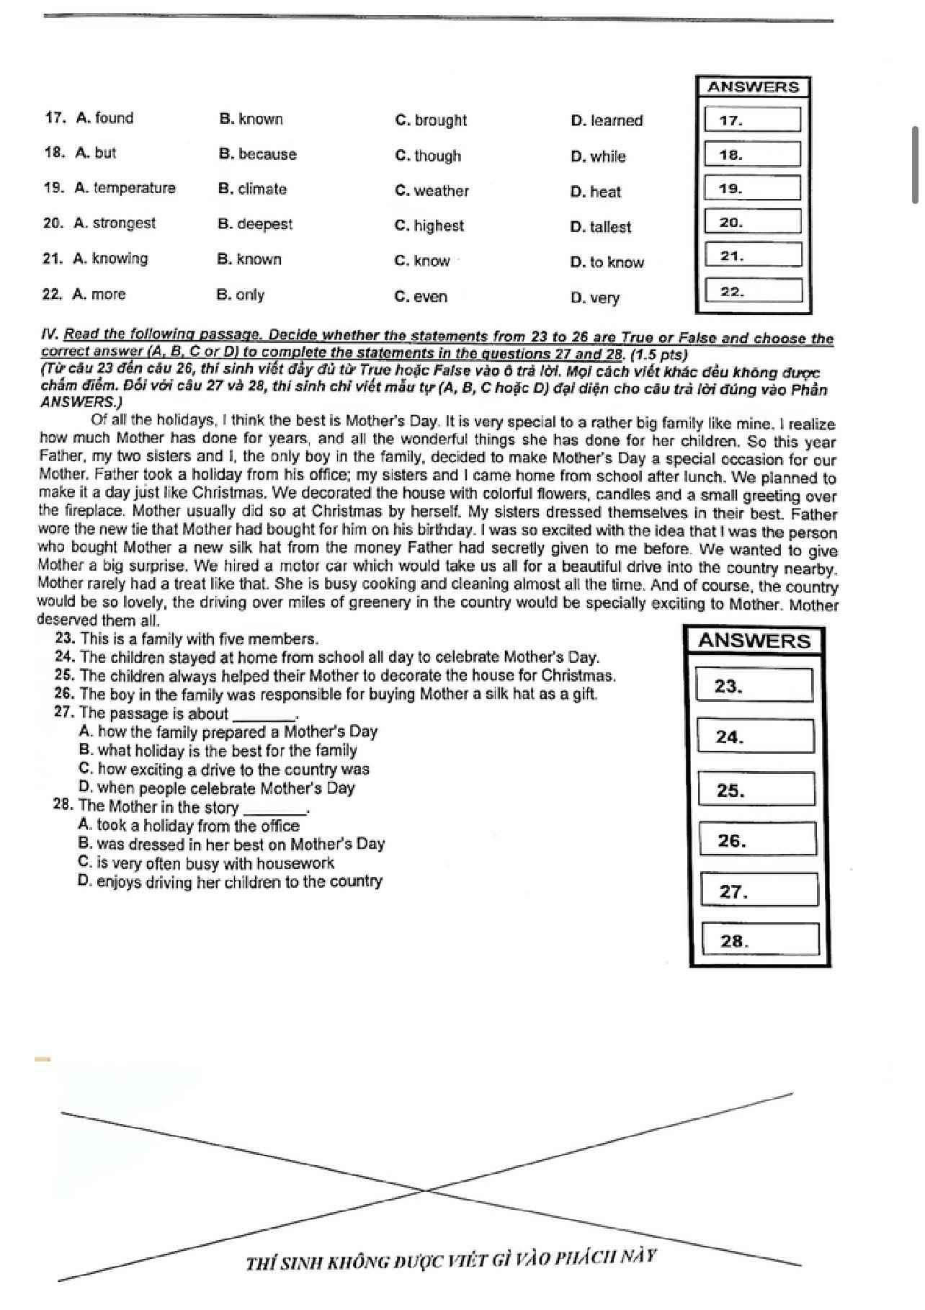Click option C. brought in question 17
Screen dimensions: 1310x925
[431, 120]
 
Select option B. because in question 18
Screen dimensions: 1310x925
[257, 154]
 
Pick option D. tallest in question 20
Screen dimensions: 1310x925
[600, 227]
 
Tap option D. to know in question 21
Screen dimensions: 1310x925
[607, 262]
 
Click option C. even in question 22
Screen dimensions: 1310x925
[421, 297]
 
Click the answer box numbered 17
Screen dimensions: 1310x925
[753, 120]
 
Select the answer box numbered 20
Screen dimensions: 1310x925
[753, 222]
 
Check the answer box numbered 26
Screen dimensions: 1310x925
[757, 840]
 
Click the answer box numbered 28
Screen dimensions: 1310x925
[760, 940]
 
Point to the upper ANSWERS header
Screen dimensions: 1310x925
[753, 87]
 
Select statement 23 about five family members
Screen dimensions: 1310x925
[187, 639]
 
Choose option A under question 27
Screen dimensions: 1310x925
[228, 732]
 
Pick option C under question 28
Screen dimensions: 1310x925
[206, 863]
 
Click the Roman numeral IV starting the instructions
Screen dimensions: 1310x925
[49, 334]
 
